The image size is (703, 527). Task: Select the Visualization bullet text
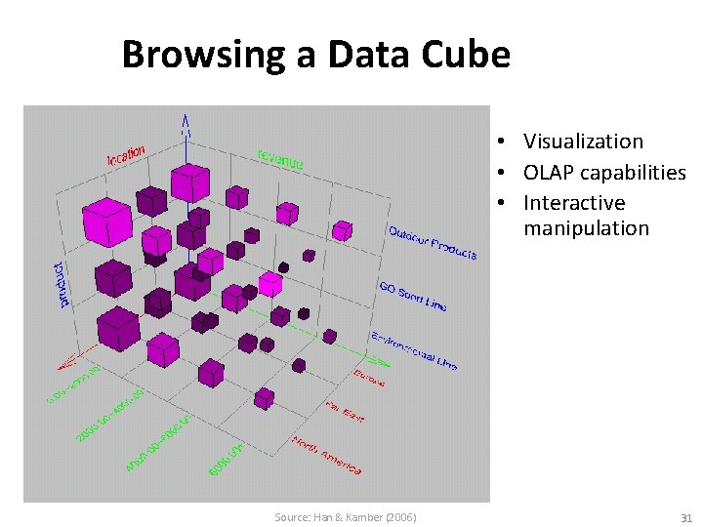[x=583, y=142]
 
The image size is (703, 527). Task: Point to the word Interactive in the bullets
[x=574, y=203]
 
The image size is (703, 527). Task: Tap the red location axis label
[x=126, y=154]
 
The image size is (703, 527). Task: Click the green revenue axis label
[x=280, y=158]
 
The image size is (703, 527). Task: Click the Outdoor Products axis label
[x=433, y=243]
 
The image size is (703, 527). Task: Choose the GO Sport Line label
[x=412, y=297]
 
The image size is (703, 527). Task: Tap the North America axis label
[x=327, y=456]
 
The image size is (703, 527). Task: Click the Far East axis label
[x=345, y=411]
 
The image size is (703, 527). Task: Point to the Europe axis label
[x=369, y=377]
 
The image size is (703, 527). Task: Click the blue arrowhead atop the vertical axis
[x=186, y=123]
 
